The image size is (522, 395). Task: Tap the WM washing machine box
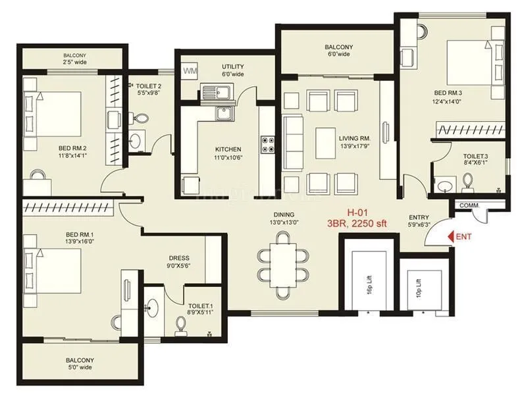pyautogui.click(x=190, y=70)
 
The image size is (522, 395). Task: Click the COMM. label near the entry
pyautogui.click(x=469, y=205)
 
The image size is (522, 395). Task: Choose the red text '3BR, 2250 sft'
pyautogui.click(x=356, y=224)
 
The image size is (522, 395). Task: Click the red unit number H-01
pyautogui.click(x=357, y=213)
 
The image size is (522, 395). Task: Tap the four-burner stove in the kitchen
pyautogui.click(x=269, y=144)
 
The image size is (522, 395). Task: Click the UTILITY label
pyautogui.click(x=233, y=66)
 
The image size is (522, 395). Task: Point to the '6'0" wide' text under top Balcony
pyautogui.click(x=340, y=55)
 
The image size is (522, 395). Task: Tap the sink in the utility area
pyautogui.click(x=214, y=93)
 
